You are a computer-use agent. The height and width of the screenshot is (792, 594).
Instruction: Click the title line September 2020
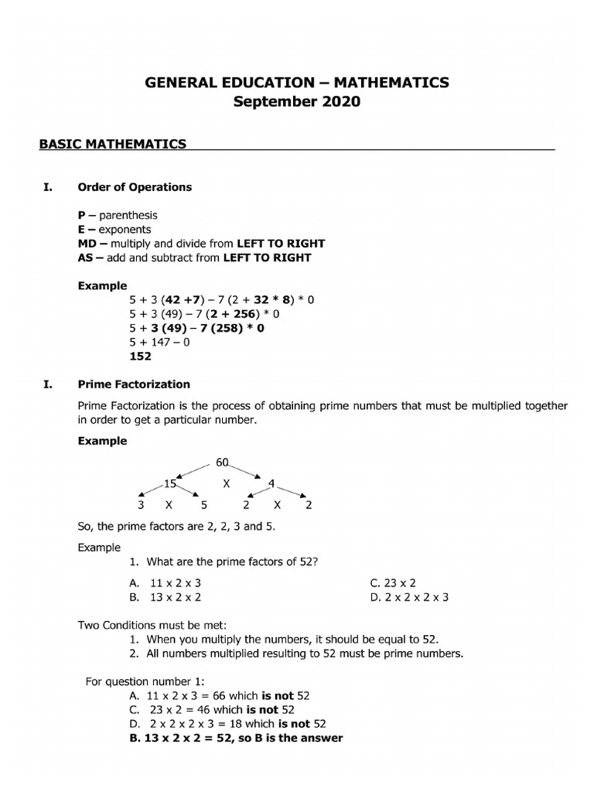298,102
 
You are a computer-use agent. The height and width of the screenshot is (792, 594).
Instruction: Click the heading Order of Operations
135,187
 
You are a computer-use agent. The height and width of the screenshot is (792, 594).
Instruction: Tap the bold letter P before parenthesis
81,215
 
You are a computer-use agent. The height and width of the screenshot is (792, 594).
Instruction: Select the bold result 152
140,357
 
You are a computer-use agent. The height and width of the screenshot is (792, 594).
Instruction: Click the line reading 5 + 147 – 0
159,342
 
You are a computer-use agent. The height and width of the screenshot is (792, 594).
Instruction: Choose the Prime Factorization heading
134,384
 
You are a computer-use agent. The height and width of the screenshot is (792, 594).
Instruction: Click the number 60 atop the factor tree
223,463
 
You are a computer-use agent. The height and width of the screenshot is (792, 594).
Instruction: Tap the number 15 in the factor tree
170,484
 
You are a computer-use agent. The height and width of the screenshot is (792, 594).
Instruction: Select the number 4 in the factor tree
271,484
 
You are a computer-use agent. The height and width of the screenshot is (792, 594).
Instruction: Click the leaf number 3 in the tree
141,506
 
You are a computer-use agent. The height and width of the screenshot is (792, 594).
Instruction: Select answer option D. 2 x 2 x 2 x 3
410,597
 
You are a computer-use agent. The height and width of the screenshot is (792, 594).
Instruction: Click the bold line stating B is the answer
237,738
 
